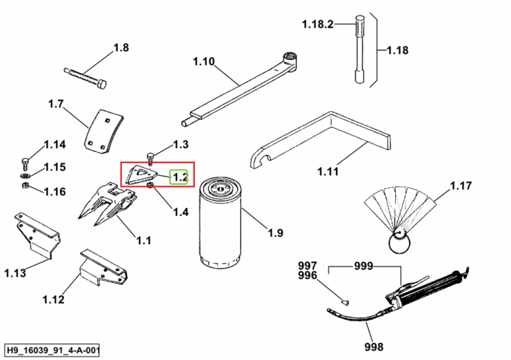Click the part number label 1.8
(x=121, y=48)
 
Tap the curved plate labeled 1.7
(x=104, y=132)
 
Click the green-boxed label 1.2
(x=179, y=177)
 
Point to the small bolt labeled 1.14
(x=25, y=164)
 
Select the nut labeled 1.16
(x=25, y=185)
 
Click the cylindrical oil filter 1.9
(x=220, y=222)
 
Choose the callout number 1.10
(x=204, y=61)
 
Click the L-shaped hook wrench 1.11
(x=320, y=141)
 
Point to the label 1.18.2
(x=318, y=25)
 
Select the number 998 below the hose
(x=374, y=346)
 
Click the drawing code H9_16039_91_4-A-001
(x=52, y=350)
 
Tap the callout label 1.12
(x=53, y=299)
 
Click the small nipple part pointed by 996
(x=345, y=303)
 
